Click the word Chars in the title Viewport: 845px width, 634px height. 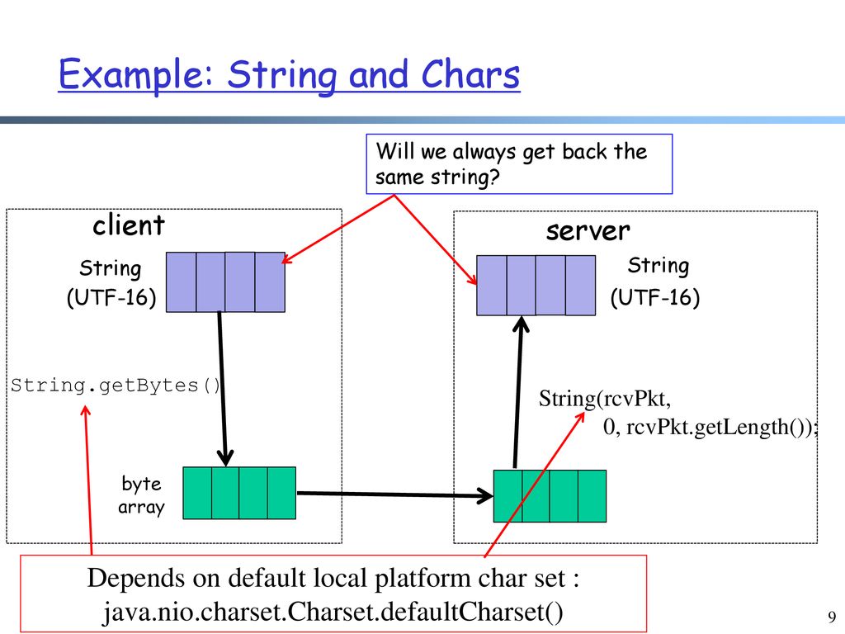pos(470,74)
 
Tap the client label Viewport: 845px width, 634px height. pos(128,225)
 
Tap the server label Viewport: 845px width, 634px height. pos(588,231)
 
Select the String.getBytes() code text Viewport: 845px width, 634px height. pos(116,386)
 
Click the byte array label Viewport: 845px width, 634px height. pos(141,495)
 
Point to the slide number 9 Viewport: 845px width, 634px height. pos(832,616)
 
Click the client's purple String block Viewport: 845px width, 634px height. pos(225,282)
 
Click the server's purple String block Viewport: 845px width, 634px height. pos(536,285)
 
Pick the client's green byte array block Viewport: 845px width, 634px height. pos(239,493)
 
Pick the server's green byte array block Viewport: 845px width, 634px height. pos(550,496)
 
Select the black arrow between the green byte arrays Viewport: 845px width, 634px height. pos(395,494)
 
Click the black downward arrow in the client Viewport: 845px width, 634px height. pos(223,389)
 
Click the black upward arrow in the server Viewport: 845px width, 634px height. pos(518,392)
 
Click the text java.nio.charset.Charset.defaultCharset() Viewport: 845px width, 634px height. pos(333,612)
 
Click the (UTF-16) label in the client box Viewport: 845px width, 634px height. pos(111,297)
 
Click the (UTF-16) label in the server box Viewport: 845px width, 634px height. pos(655,297)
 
